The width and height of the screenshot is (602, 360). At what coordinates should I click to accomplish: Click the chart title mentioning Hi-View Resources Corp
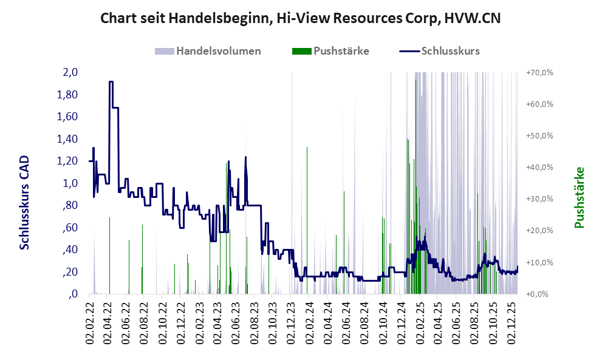click(300, 18)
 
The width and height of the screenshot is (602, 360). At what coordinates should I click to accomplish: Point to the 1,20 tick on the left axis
click(68, 161)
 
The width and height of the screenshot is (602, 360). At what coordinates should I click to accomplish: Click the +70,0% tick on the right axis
click(539, 72)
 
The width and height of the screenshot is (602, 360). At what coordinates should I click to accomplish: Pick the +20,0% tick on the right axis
click(539, 231)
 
